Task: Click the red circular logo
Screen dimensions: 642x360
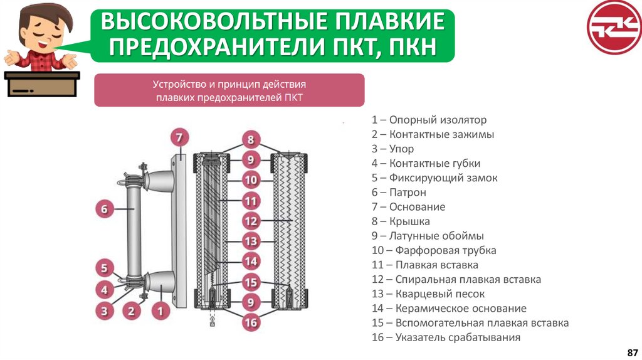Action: [613, 27]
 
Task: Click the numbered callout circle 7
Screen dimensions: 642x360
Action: [179, 137]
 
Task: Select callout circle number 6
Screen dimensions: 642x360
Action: [105, 208]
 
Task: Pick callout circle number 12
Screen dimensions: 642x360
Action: [251, 221]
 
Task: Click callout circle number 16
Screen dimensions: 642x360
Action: [251, 323]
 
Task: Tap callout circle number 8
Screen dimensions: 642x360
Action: [251, 140]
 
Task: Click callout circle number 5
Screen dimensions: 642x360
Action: [105, 268]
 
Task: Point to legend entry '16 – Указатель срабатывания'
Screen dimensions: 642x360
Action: [446, 338]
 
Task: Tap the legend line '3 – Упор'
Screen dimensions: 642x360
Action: [392, 149]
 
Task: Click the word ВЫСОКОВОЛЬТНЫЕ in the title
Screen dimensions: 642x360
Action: [210, 23]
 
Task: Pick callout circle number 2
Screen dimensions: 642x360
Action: [131, 309]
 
